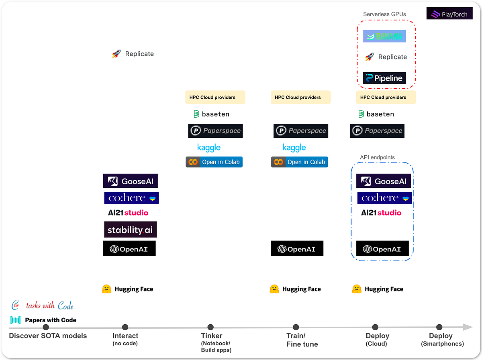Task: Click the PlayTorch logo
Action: [x=449, y=14]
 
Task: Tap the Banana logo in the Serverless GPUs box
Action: [x=385, y=36]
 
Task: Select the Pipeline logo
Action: [x=384, y=78]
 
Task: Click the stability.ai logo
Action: [x=130, y=230]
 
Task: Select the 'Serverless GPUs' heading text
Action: [x=384, y=14]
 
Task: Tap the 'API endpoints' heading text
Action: [x=377, y=157]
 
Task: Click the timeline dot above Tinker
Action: [x=210, y=327]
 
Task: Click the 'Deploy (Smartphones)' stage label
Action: [x=441, y=339]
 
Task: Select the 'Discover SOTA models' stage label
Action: [x=48, y=336]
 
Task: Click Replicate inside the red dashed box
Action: [x=386, y=57]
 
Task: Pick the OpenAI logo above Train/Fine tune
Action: [x=297, y=249]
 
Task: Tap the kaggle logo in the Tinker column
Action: [x=209, y=147]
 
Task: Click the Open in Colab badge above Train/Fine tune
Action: [x=299, y=162]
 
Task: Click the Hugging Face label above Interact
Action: [x=128, y=289]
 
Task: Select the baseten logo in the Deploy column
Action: [x=376, y=114]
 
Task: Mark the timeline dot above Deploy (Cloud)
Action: [x=375, y=327]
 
